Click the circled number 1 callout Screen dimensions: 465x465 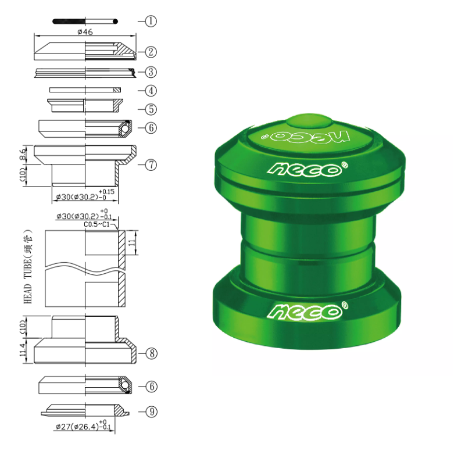pyautogui.click(x=151, y=22)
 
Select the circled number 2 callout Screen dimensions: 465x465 pyautogui.click(x=151, y=52)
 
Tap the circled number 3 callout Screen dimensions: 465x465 pyautogui.click(x=151, y=72)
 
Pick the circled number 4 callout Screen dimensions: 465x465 pyautogui.click(x=151, y=91)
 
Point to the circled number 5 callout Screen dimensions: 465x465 pyautogui.click(x=151, y=109)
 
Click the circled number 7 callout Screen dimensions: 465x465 pyautogui.click(x=151, y=164)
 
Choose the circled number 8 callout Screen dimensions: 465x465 pyautogui.click(x=151, y=353)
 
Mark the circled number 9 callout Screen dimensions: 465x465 pyautogui.click(x=151, y=412)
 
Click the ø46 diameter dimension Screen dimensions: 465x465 pyautogui.click(x=85, y=32)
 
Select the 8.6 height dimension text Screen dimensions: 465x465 pyautogui.click(x=23, y=155)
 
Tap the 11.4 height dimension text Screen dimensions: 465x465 pyautogui.click(x=23, y=350)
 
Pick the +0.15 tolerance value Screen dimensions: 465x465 pyautogui.click(x=106, y=191)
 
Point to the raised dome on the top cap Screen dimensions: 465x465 pyautogui.click(x=308, y=119)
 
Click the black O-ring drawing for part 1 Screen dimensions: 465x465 pyautogui.click(x=85, y=22)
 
